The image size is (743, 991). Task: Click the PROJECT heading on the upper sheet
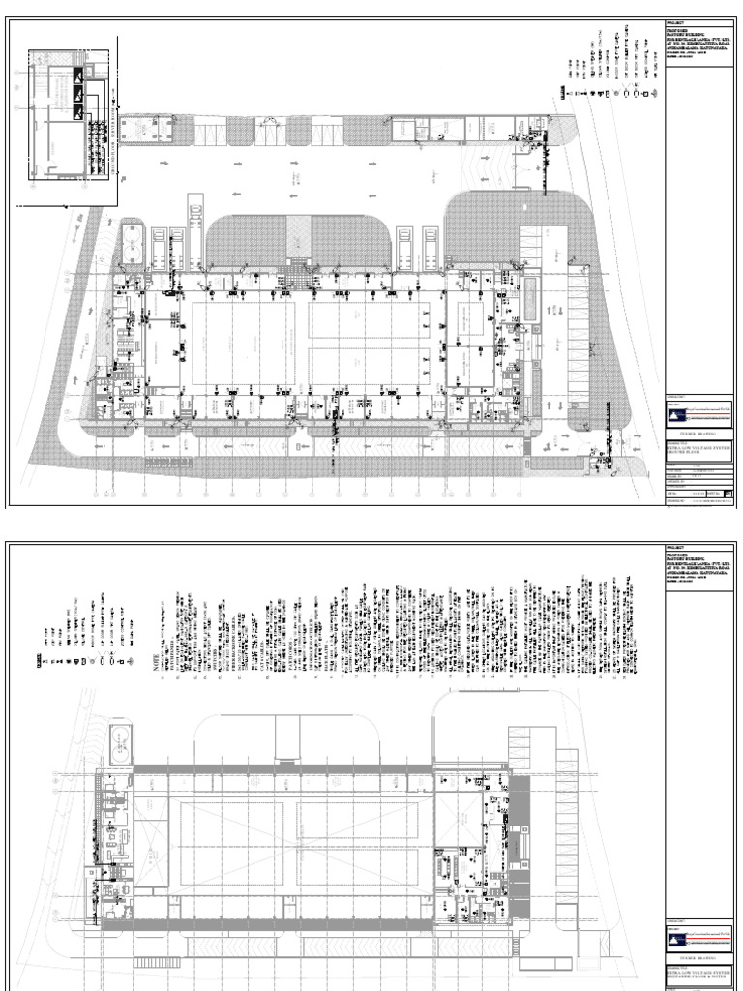[x=675, y=21]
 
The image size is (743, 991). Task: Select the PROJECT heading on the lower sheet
[x=675, y=549]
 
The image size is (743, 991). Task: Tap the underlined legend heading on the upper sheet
[x=562, y=94]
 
